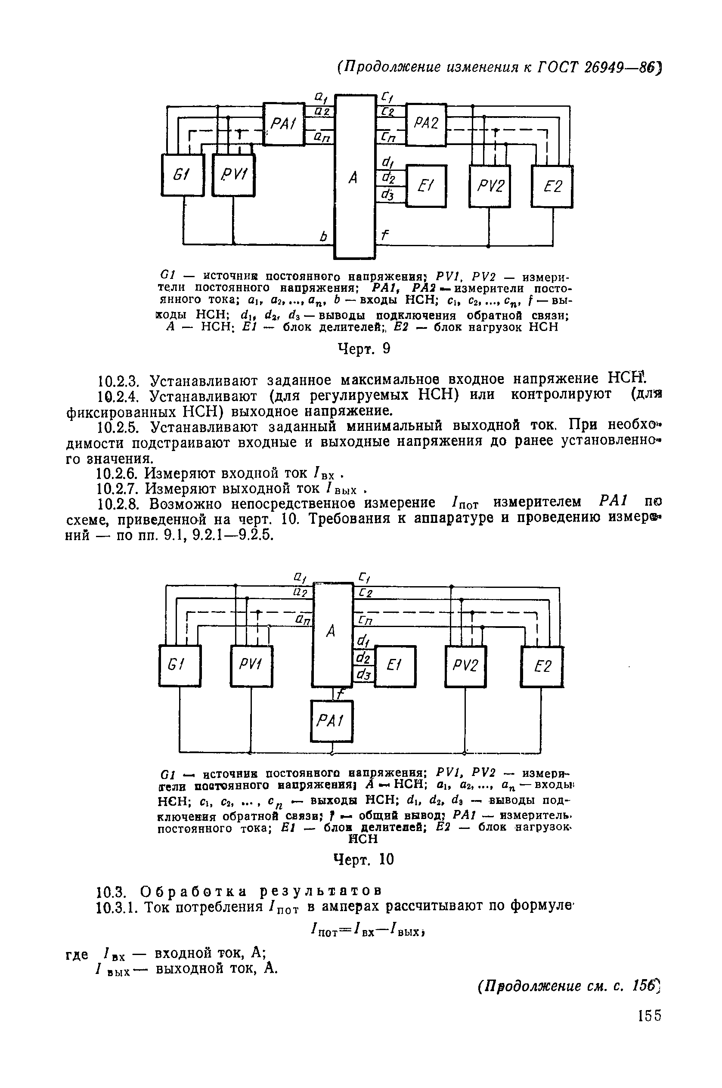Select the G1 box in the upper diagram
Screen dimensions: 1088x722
point(183,175)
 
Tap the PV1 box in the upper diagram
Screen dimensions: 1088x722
point(233,175)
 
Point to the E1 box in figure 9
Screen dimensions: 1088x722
point(426,186)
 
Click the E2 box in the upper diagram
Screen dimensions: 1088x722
point(552,186)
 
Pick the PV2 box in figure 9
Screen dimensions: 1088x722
point(490,186)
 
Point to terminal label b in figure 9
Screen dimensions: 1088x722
point(323,237)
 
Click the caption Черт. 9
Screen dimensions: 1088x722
point(364,349)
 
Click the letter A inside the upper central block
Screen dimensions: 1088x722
point(353,177)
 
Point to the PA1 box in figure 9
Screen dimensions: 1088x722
point(284,124)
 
